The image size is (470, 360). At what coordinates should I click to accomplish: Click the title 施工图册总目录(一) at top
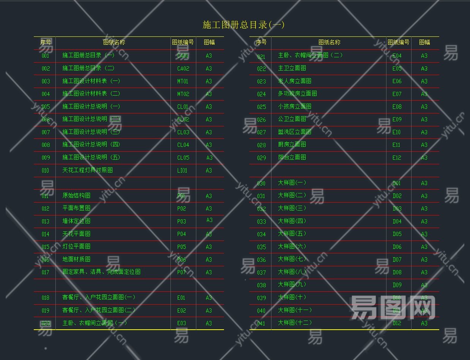(x=243, y=25)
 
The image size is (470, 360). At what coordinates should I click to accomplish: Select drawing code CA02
(x=183, y=69)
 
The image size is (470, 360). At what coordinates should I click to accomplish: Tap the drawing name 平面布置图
(x=76, y=208)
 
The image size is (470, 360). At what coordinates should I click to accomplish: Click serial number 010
(x=46, y=170)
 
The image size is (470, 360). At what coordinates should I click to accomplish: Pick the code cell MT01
(x=183, y=81)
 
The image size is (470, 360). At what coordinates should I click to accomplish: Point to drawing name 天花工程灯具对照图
(x=87, y=170)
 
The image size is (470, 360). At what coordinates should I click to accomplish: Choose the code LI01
(x=182, y=170)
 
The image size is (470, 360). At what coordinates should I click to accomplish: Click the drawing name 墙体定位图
(x=76, y=221)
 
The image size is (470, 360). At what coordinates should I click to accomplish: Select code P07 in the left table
(x=181, y=272)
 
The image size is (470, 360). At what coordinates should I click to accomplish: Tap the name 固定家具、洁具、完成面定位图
(x=101, y=272)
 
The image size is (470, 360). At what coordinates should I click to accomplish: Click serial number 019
(x=46, y=311)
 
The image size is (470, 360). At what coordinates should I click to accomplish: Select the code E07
(x=397, y=94)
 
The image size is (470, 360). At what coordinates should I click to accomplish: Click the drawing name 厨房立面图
(x=292, y=145)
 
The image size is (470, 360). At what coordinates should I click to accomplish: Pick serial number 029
(x=261, y=157)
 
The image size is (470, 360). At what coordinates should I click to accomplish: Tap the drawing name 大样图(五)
(x=292, y=234)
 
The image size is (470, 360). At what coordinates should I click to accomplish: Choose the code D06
(x=397, y=247)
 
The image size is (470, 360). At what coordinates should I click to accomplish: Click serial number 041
(x=261, y=323)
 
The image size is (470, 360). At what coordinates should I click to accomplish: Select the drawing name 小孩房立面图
(x=295, y=107)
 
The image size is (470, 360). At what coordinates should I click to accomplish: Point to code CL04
(x=183, y=145)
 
